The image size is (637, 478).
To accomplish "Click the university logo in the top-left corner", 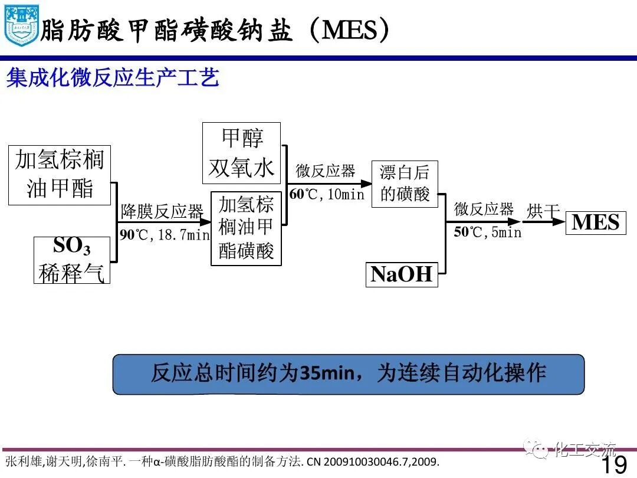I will [x=21, y=25].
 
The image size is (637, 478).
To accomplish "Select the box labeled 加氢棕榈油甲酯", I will [x=60, y=174].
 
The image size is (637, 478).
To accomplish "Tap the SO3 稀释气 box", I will [x=72, y=260].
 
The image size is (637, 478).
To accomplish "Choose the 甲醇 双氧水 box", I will [x=241, y=153].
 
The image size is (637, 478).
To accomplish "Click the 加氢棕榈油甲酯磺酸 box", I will [x=246, y=228].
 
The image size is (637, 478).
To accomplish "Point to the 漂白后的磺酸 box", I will [x=405, y=184].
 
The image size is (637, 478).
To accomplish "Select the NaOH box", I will [x=402, y=274].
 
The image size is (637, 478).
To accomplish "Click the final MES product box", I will [x=596, y=222].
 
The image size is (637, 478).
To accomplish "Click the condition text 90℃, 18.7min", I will [x=165, y=235].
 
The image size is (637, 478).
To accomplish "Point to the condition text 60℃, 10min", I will [x=327, y=194].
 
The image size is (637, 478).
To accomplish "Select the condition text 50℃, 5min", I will [x=488, y=233].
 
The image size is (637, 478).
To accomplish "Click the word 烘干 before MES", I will [x=543, y=211].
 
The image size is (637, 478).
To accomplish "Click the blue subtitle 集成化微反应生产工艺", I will [x=113, y=78].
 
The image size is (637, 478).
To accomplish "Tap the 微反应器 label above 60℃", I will [x=326, y=171].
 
